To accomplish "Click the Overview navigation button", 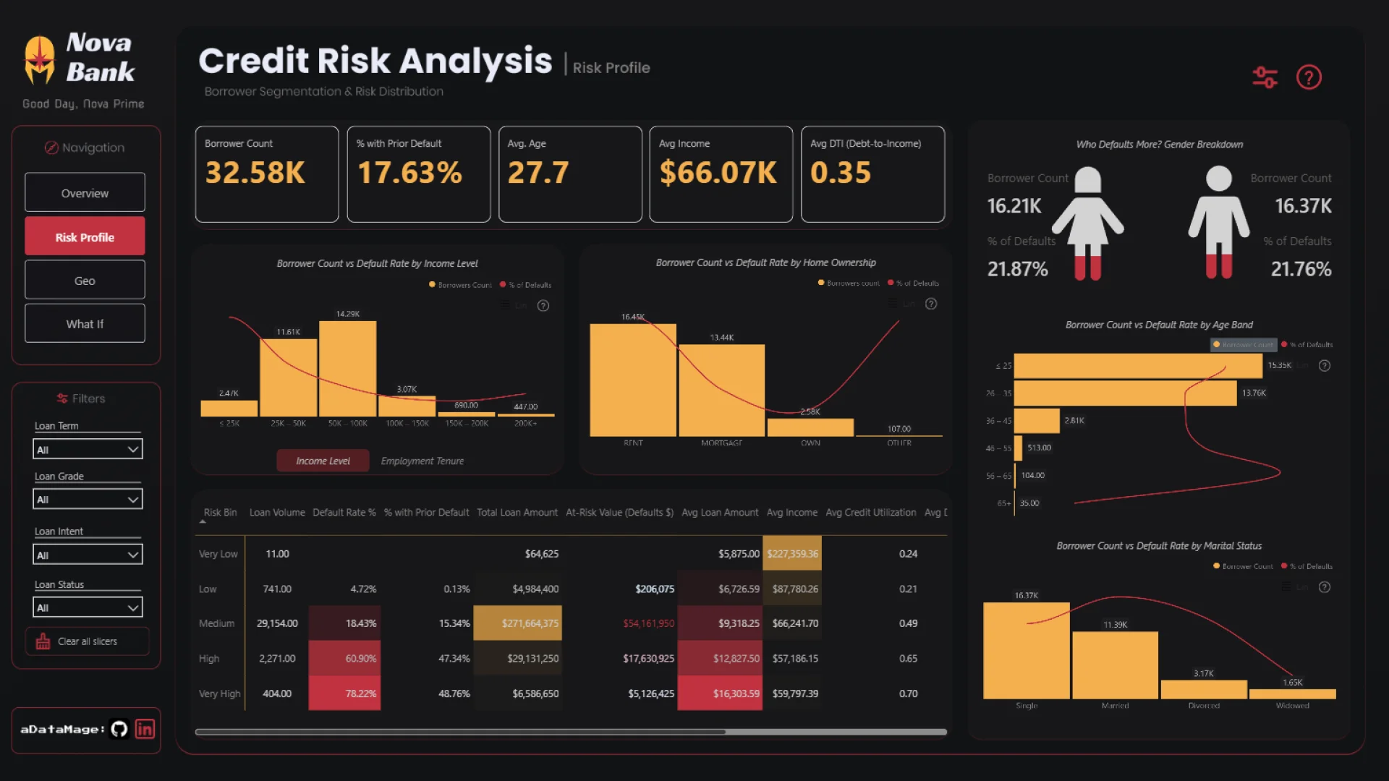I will pyautogui.click(x=85, y=193).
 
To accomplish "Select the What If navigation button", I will pyautogui.click(x=85, y=324).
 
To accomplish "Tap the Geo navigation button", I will pyautogui.click(x=85, y=281).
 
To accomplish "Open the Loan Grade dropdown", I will pyautogui.click(x=88, y=499).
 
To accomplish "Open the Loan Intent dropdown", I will pyautogui.click(x=88, y=555).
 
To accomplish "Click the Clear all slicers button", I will pyautogui.click(x=87, y=641).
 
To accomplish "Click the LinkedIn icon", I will pyautogui.click(x=145, y=729).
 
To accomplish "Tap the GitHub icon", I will pyautogui.click(x=119, y=729).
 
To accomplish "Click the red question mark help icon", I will pyautogui.click(x=1309, y=77).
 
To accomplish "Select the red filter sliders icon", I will pyautogui.click(x=1265, y=77).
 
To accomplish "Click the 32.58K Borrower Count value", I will pyautogui.click(x=255, y=173).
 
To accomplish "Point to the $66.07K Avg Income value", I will pyautogui.click(x=718, y=173).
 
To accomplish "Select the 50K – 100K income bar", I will pyautogui.click(x=347, y=369).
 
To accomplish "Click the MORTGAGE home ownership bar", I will pyautogui.click(x=721, y=390).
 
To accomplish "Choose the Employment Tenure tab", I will pyautogui.click(x=422, y=461).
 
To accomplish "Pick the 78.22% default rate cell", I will pyautogui.click(x=344, y=693).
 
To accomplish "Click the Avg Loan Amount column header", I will pyautogui.click(x=720, y=513).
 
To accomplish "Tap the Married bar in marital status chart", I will pyautogui.click(x=1115, y=665).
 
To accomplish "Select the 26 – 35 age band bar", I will pyautogui.click(x=1125, y=393).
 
